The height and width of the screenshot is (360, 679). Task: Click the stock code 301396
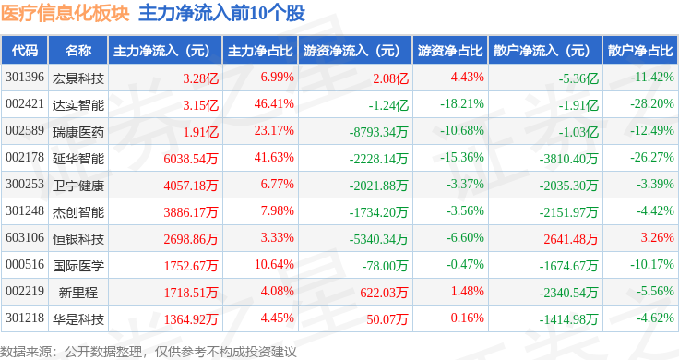tap(25, 78)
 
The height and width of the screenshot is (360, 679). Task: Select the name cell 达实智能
tap(78, 105)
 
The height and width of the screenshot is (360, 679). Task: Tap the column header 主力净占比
tap(260, 51)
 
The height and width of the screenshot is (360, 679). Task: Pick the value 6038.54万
tap(191, 159)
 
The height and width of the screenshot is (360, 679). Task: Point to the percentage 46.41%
tap(274, 104)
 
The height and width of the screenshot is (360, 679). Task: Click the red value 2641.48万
tap(571, 239)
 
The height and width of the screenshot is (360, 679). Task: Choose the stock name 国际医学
tap(78, 266)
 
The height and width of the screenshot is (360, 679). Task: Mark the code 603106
tap(25, 237)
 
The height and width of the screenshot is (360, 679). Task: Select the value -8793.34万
tap(379, 132)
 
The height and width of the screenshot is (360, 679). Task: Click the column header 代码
tap(25, 51)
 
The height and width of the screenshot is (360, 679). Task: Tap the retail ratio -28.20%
tap(652, 104)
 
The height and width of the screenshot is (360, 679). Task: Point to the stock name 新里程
tap(78, 293)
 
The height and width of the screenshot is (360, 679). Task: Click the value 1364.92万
tap(191, 319)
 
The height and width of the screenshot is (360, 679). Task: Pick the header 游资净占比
tap(450, 51)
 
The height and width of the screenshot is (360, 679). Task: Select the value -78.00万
tap(385, 266)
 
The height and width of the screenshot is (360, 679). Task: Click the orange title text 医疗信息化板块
tap(65, 13)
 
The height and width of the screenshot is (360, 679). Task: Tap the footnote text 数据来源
tap(26, 352)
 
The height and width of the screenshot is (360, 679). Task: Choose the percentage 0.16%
tap(467, 318)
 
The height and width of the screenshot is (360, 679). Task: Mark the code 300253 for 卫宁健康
tap(25, 184)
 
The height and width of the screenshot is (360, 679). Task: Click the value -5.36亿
tap(578, 78)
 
